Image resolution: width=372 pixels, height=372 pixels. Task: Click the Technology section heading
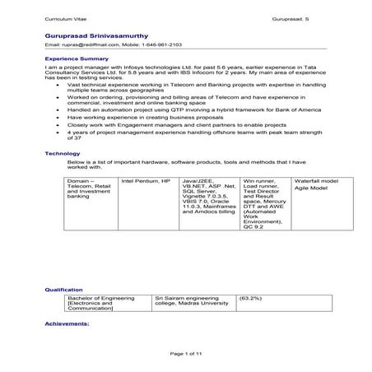pos(63,153)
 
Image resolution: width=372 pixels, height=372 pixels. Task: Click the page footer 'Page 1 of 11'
pos(186,353)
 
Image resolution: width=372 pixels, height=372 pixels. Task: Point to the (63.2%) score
pos(250,297)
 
